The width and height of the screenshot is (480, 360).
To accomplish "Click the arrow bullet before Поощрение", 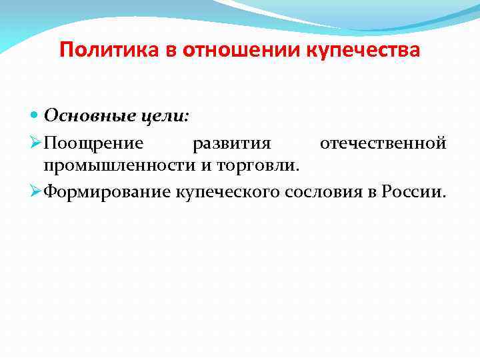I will pyautogui.click(x=36, y=143).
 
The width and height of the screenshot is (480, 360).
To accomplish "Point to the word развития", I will pyautogui.click(x=231, y=143).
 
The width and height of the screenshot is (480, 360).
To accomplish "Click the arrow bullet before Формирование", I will pyautogui.click(x=36, y=193).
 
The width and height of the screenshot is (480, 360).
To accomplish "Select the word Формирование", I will pyautogui.click(x=109, y=193).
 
